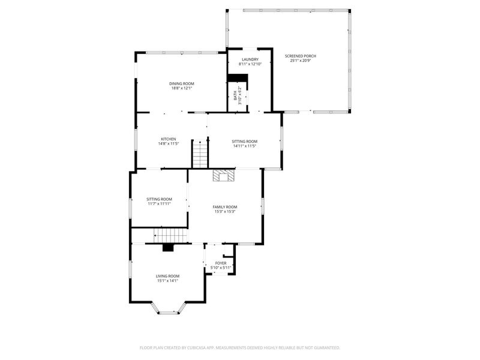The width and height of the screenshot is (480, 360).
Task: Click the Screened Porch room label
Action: [301, 56]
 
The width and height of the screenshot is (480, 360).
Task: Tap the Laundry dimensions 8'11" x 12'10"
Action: [250, 64]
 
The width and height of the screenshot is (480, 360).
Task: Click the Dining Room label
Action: [182, 83]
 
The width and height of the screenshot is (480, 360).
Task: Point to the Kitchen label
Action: [169, 139]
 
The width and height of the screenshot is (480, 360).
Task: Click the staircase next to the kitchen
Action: [200, 154]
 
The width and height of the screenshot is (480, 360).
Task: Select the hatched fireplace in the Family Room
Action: [224, 176]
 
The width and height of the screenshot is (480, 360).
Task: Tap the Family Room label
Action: [225, 207]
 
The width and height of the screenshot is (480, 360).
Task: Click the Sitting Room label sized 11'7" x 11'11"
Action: [159, 199]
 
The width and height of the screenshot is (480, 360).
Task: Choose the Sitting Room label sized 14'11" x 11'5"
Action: [245, 142]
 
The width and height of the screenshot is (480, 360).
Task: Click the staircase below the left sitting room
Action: [170, 235]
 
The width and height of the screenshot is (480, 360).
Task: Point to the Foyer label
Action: [221, 263]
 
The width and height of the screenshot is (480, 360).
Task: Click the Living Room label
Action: [167, 276]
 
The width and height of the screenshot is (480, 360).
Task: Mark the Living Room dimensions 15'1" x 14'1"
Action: [167, 280]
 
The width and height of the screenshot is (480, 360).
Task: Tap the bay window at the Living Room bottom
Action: [168, 309]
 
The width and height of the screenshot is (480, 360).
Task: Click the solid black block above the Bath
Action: [237, 78]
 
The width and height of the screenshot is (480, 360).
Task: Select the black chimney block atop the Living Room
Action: [168, 247]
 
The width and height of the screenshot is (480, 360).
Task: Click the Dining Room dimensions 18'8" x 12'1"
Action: [182, 88]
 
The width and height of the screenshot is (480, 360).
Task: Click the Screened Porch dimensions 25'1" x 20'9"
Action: [301, 61]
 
